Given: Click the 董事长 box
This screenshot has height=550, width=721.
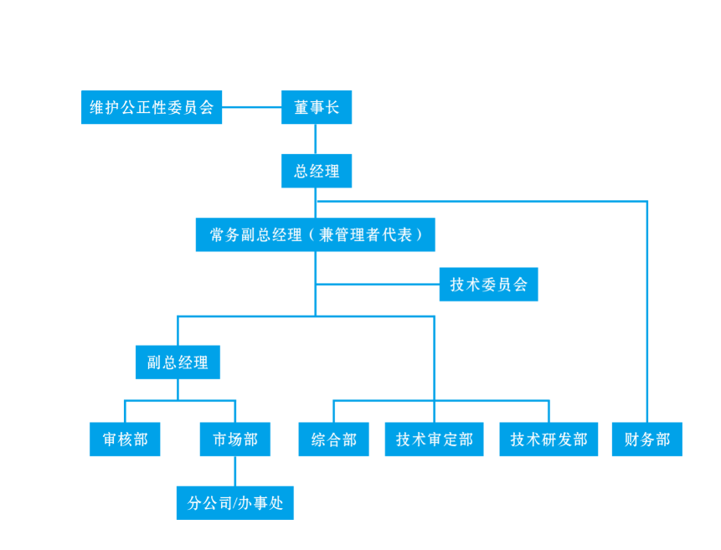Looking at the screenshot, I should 316,107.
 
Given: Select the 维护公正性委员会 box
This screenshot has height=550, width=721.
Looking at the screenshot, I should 152,107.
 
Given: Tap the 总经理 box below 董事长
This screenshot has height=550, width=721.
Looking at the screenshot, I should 316,172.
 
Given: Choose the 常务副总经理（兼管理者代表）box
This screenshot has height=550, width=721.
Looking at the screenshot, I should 315,234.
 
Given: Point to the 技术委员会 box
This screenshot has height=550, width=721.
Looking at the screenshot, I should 488,285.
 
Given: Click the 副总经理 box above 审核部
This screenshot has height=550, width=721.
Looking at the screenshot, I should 178,362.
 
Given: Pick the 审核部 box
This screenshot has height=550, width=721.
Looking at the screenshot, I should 125,439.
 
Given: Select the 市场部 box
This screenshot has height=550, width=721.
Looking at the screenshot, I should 234,439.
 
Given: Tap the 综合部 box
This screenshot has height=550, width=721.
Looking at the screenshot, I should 333,439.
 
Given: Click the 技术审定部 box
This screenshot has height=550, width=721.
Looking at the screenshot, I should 434,439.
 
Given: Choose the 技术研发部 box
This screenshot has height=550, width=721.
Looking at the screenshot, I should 548,439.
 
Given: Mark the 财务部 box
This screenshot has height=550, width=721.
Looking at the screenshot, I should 647,439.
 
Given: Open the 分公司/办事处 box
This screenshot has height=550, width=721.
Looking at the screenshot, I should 234,503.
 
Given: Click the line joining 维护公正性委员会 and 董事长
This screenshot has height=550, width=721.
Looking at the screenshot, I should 251,107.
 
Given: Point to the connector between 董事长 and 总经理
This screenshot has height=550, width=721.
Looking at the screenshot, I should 316,139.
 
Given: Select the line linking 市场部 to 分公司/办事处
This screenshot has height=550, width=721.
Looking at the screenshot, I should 234,471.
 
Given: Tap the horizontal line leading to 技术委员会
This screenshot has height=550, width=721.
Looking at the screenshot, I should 377,285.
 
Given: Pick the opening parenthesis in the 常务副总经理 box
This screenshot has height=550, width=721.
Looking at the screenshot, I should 313,235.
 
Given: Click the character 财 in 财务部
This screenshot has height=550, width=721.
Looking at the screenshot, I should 632,439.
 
